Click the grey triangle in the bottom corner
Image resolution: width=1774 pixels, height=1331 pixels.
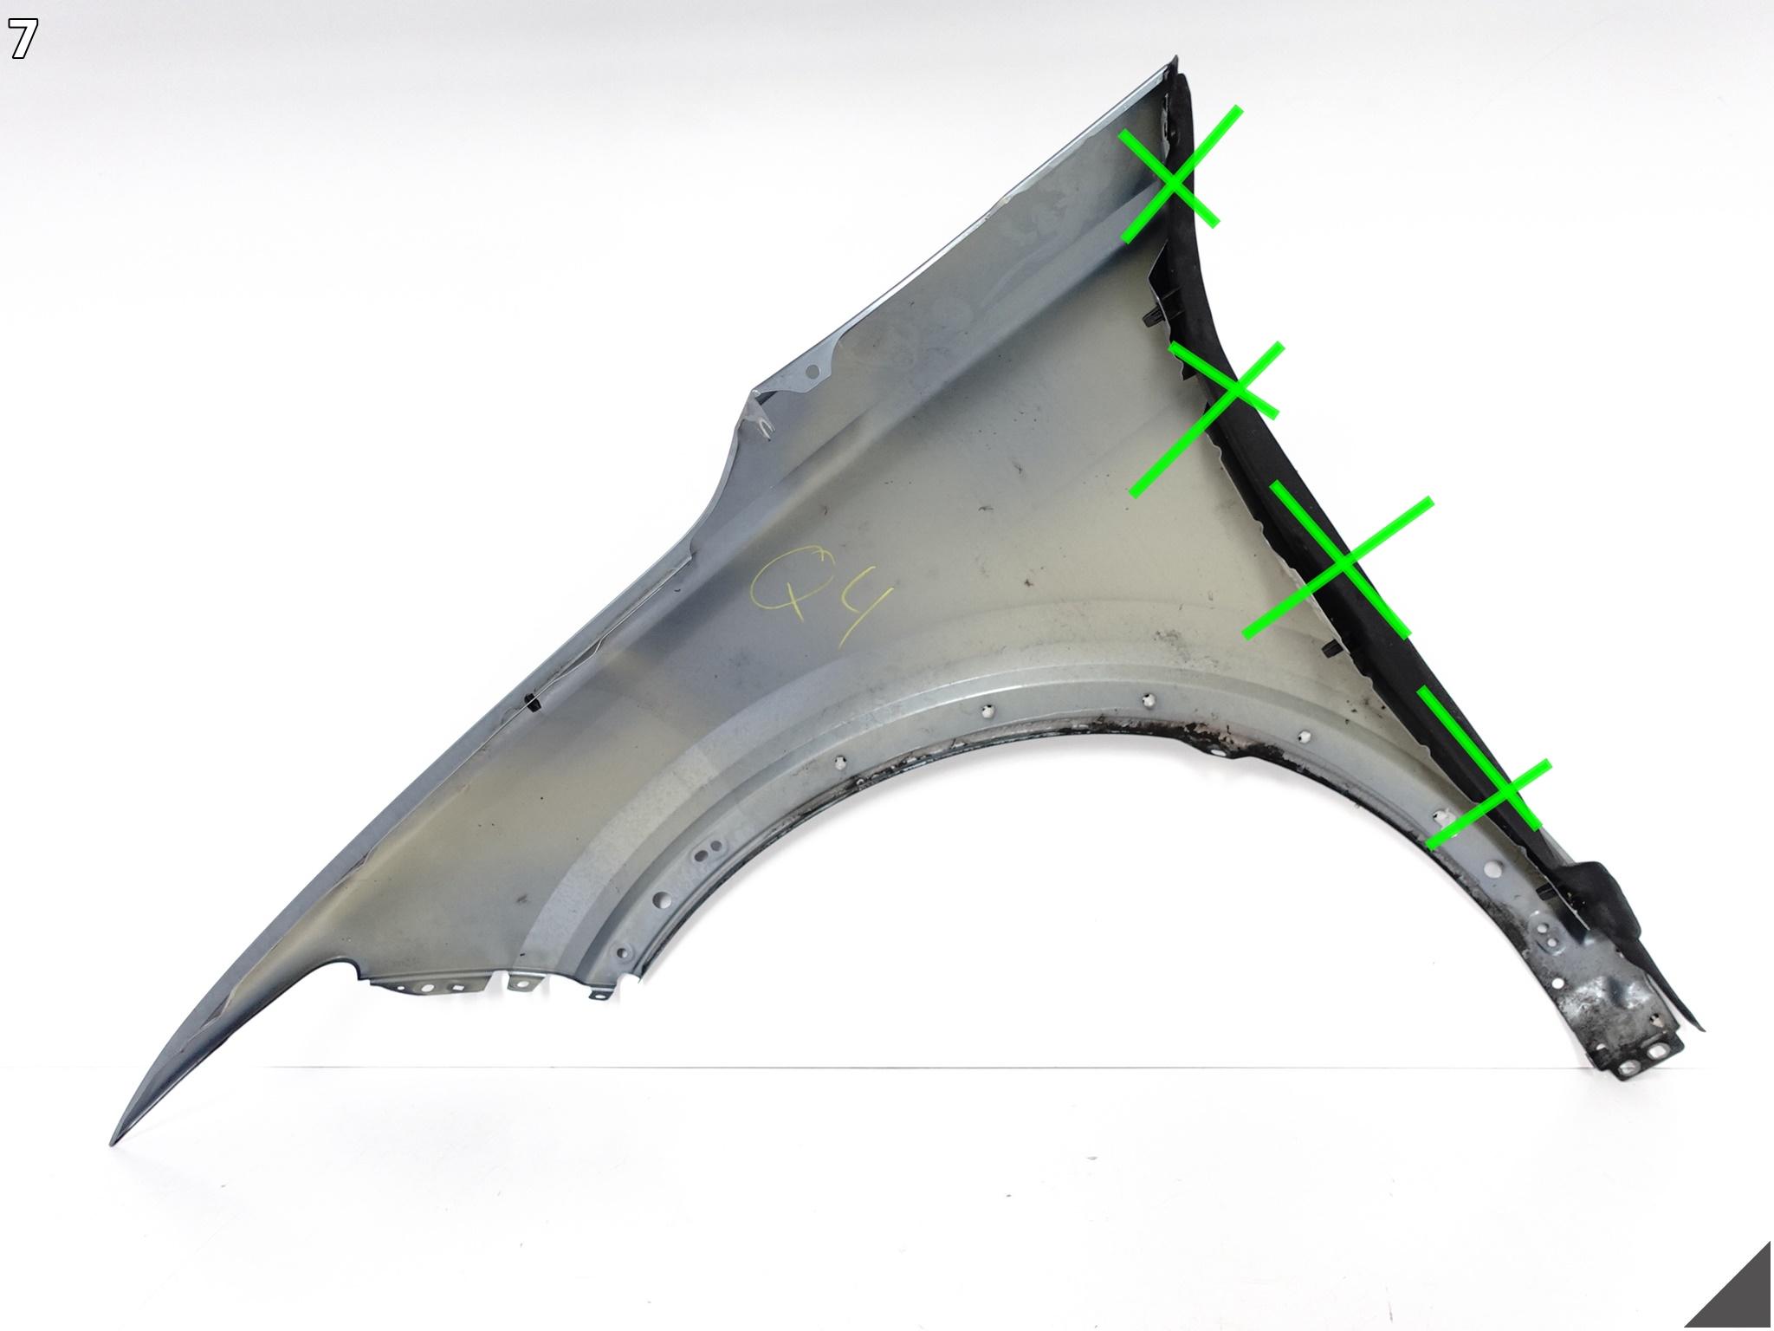pos(1732,1291)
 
